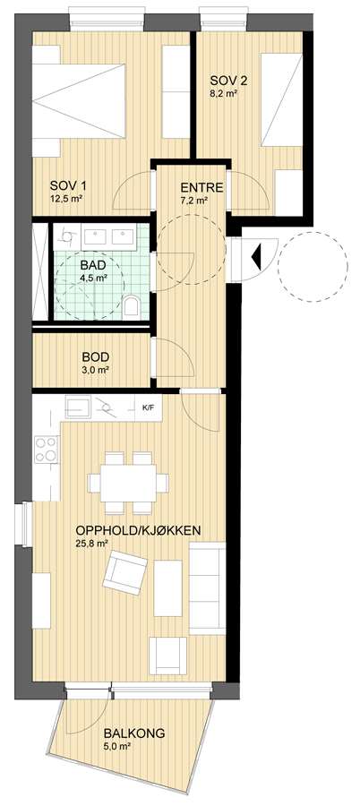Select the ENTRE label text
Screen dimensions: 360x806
tap(201, 188)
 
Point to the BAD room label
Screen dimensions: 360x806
tap(93, 266)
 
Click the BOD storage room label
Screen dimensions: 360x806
tap(96, 356)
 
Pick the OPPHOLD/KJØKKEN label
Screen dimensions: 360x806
tap(138, 530)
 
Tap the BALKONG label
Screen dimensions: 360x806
tap(133, 733)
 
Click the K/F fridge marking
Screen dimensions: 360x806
tap(148, 408)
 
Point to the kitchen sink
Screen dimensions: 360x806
tap(78, 407)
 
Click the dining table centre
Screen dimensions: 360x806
tap(128, 483)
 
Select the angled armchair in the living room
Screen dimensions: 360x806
tap(125, 572)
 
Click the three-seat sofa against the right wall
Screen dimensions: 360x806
tap(208, 587)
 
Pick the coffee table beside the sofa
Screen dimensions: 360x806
tap(168, 587)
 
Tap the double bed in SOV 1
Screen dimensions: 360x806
tap(79, 100)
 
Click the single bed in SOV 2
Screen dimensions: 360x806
tap(281, 100)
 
